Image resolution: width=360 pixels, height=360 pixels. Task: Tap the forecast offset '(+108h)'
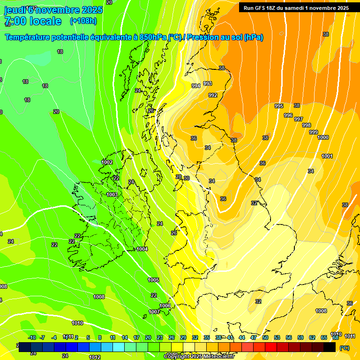83,21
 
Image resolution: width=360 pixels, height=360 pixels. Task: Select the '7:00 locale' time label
33,21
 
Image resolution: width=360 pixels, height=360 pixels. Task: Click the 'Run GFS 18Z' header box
296,8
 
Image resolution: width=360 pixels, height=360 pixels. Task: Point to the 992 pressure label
213,95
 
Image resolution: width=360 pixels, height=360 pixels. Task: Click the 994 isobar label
196,86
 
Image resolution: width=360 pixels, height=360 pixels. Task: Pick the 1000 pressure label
323,137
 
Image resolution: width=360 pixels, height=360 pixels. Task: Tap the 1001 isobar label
327,156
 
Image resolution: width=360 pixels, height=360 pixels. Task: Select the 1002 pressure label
107,162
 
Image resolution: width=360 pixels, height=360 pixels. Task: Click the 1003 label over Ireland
112,195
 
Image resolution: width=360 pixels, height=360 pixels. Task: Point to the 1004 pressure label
142,249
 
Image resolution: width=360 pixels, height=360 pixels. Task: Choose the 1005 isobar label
153,280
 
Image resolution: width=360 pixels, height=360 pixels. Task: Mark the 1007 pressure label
154,312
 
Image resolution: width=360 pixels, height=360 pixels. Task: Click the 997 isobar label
299,119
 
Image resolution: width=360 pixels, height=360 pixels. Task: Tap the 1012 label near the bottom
95,357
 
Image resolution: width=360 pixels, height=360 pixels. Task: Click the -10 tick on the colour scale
32,337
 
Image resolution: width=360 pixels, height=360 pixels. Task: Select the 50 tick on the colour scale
265,337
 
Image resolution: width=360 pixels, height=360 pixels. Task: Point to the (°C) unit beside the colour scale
345,348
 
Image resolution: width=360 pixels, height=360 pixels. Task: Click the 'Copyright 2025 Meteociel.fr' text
199,357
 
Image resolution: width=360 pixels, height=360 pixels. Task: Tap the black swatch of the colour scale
330,347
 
